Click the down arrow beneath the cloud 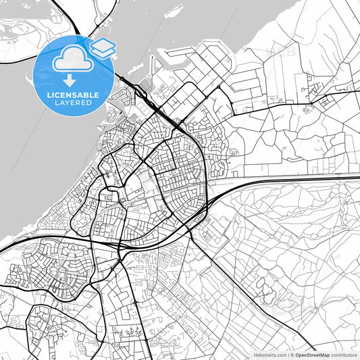[x=70, y=80]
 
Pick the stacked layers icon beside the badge [x=103, y=47]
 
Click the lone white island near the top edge [x=174, y=11]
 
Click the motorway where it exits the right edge [x=357, y=177]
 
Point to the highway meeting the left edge [x=3, y=251]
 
